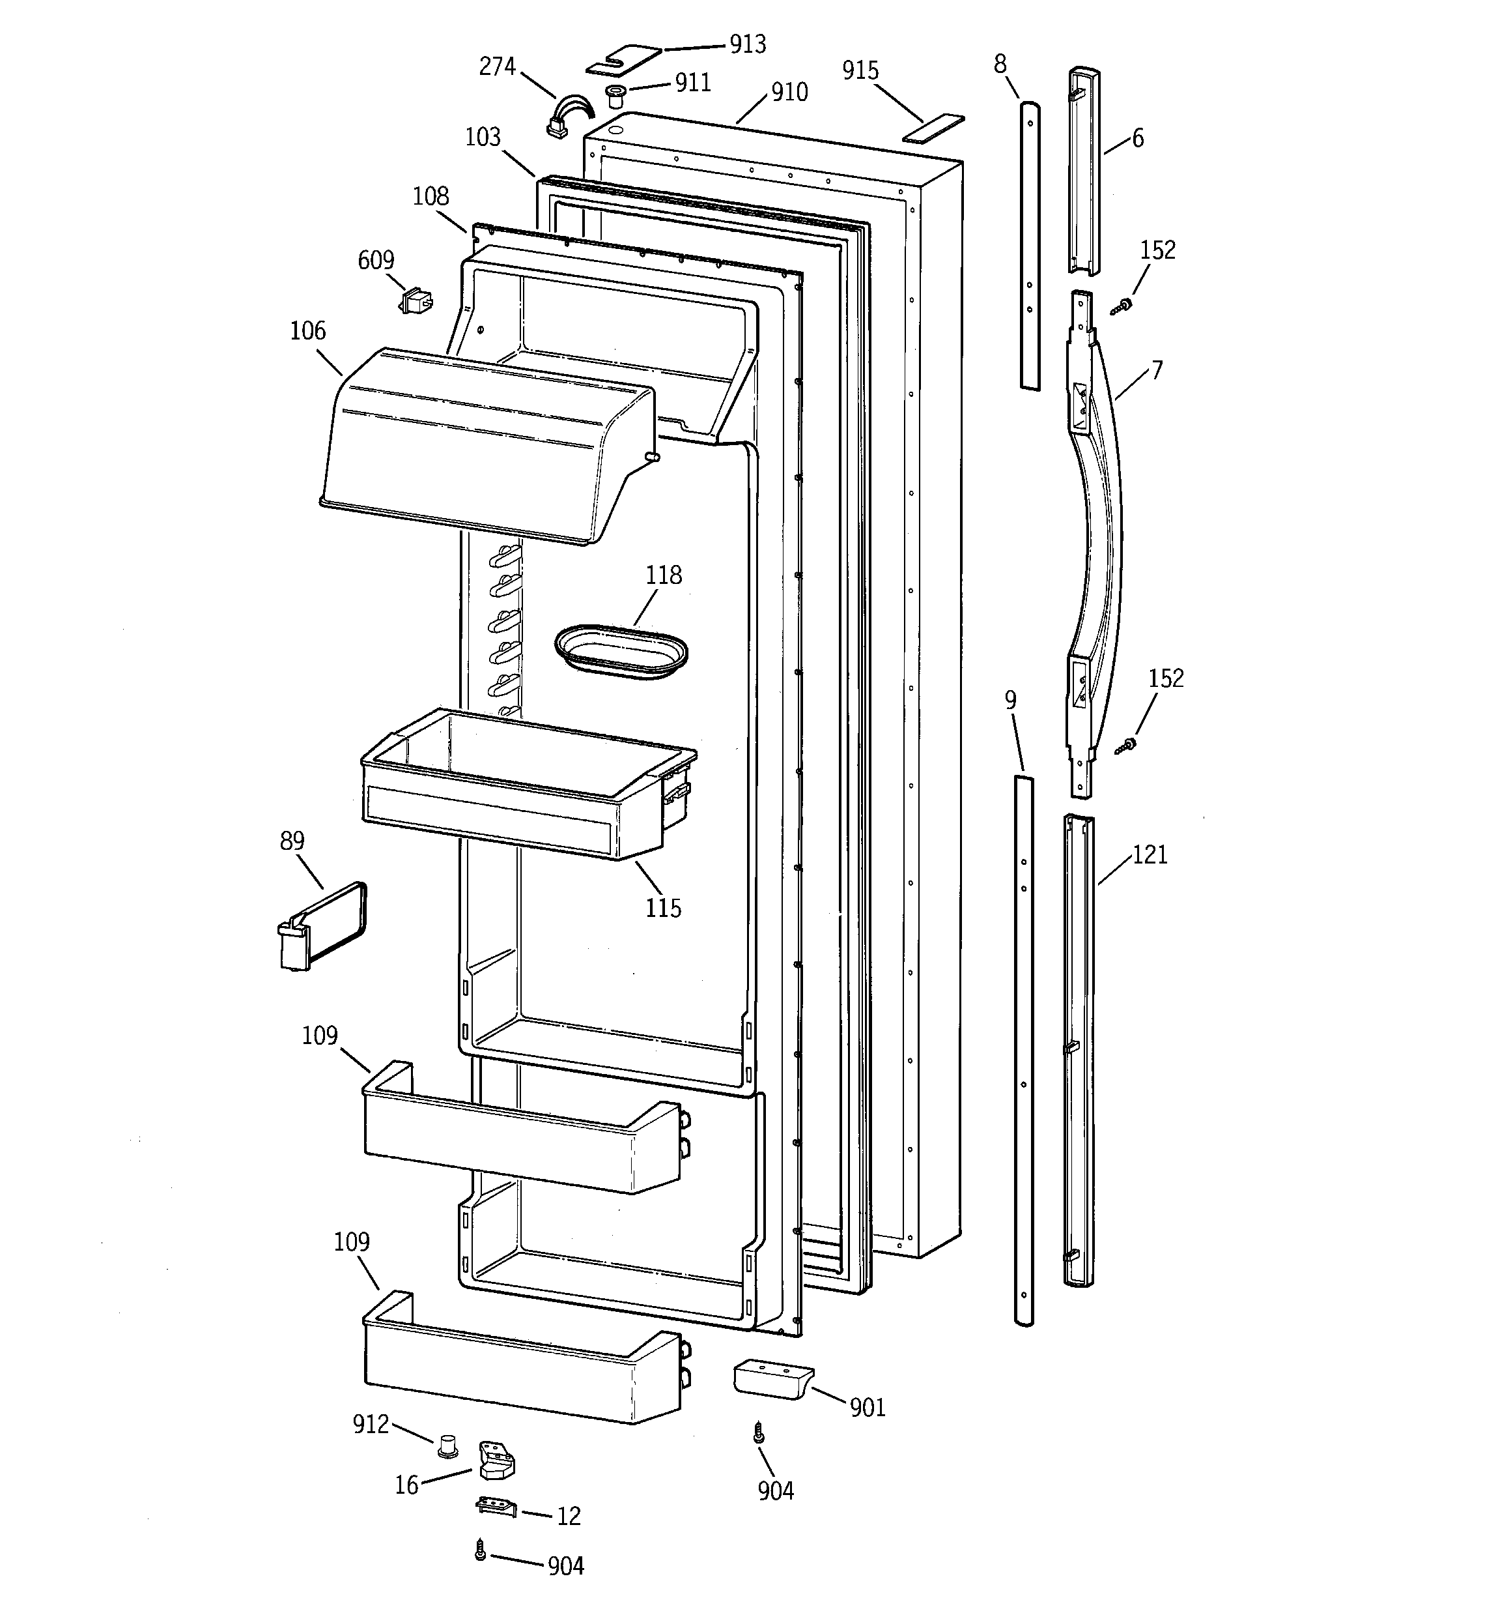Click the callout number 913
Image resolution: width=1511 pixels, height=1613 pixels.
click(747, 44)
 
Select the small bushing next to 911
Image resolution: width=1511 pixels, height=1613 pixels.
click(615, 96)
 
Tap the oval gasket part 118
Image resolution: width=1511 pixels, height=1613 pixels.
click(621, 650)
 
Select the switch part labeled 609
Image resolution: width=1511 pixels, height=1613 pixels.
click(416, 301)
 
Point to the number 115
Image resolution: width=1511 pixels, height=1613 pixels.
click(662, 908)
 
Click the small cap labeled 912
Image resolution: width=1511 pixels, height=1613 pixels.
click(447, 1444)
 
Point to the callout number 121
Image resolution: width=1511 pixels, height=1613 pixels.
click(1150, 854)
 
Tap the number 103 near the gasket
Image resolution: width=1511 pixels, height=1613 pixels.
click(483, 137)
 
